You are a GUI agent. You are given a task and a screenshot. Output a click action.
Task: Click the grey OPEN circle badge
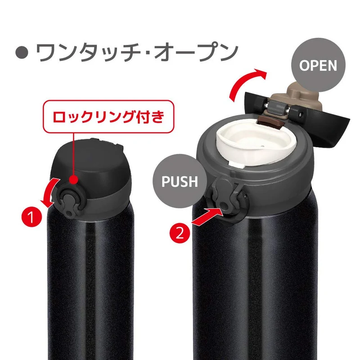(318, 65)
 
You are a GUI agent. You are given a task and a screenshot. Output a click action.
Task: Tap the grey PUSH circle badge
(180, 181)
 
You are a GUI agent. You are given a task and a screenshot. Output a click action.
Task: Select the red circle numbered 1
(31, 216)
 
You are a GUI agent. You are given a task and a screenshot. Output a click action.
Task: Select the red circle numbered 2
(180, 232)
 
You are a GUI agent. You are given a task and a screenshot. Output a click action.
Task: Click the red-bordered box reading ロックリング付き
(108, 117)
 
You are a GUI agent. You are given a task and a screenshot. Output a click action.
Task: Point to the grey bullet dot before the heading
(22, 53)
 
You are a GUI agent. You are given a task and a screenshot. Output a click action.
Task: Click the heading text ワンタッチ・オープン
(137, 53)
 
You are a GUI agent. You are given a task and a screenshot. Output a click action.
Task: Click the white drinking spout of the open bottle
(256, 144)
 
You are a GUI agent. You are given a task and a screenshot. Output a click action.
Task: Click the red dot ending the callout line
(73, 179)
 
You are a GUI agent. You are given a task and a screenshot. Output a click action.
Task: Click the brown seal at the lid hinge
(271, 121)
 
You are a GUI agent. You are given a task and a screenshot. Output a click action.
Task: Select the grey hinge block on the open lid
(278, 108)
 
